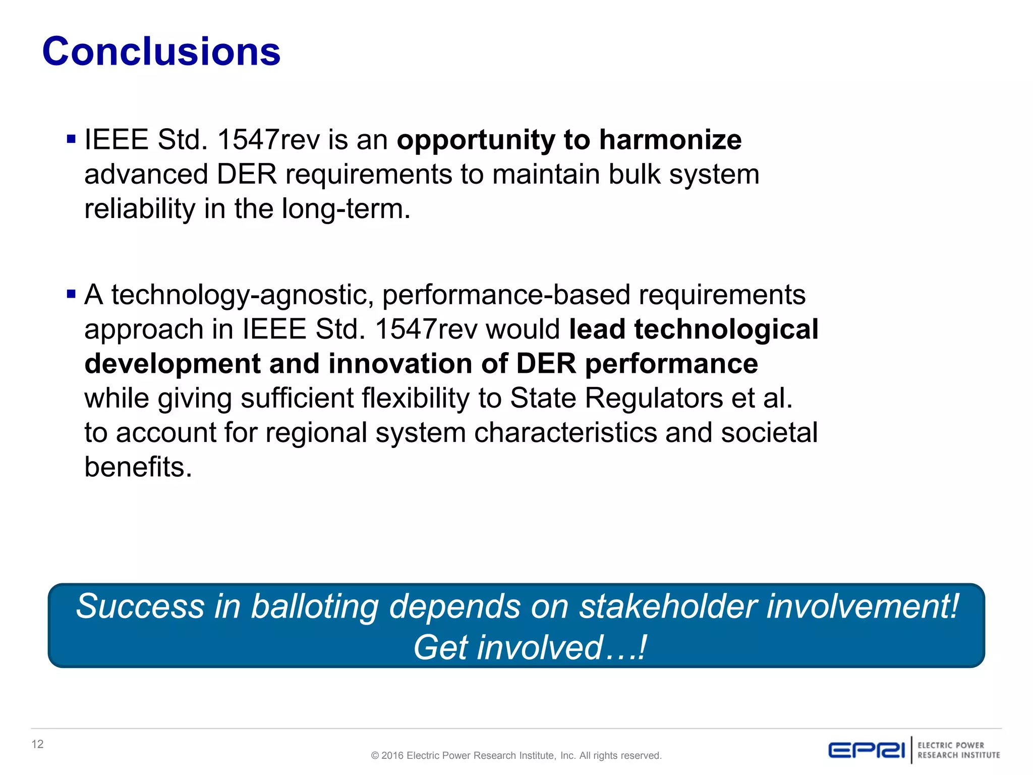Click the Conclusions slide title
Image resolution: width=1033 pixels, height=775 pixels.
[x=161, y=51]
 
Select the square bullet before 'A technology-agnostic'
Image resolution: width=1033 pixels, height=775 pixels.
[x=71, y=294]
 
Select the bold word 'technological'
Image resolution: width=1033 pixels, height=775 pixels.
[x=726, y=329]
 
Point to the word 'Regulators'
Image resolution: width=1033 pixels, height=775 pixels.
[x=654, y=399]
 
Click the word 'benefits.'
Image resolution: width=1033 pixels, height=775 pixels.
[x=138, y=467]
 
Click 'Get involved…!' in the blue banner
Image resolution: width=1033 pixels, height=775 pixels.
[x=530, y=648]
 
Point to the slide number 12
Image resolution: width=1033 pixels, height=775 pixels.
[x=37, y=744]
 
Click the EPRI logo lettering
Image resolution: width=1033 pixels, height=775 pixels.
[x=867, y=750]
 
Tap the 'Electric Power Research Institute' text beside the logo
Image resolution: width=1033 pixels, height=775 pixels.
[x=958, y=750]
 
